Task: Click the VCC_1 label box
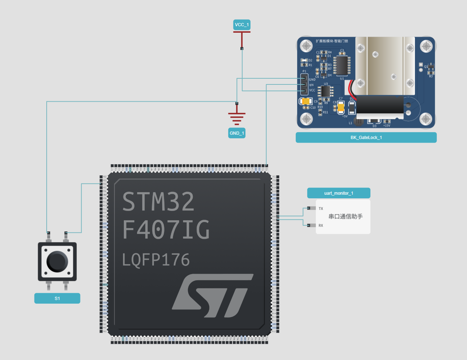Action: [242, 25]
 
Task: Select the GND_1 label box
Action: [237, 133]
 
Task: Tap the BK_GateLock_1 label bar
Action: [366, 138]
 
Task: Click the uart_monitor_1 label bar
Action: [338, 193]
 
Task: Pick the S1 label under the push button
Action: [57, 299]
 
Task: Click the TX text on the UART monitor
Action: [321, 208]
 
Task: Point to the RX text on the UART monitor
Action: [321, 226]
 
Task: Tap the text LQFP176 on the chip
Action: [156, 260]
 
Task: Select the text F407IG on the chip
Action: [166, 230]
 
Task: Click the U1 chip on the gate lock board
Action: [342, 66]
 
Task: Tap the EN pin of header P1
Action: [304, 85]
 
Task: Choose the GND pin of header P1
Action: [304, 79]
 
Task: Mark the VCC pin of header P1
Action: [304, 91]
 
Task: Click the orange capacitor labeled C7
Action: [341, 107]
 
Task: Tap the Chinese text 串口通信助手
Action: [345, 216]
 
